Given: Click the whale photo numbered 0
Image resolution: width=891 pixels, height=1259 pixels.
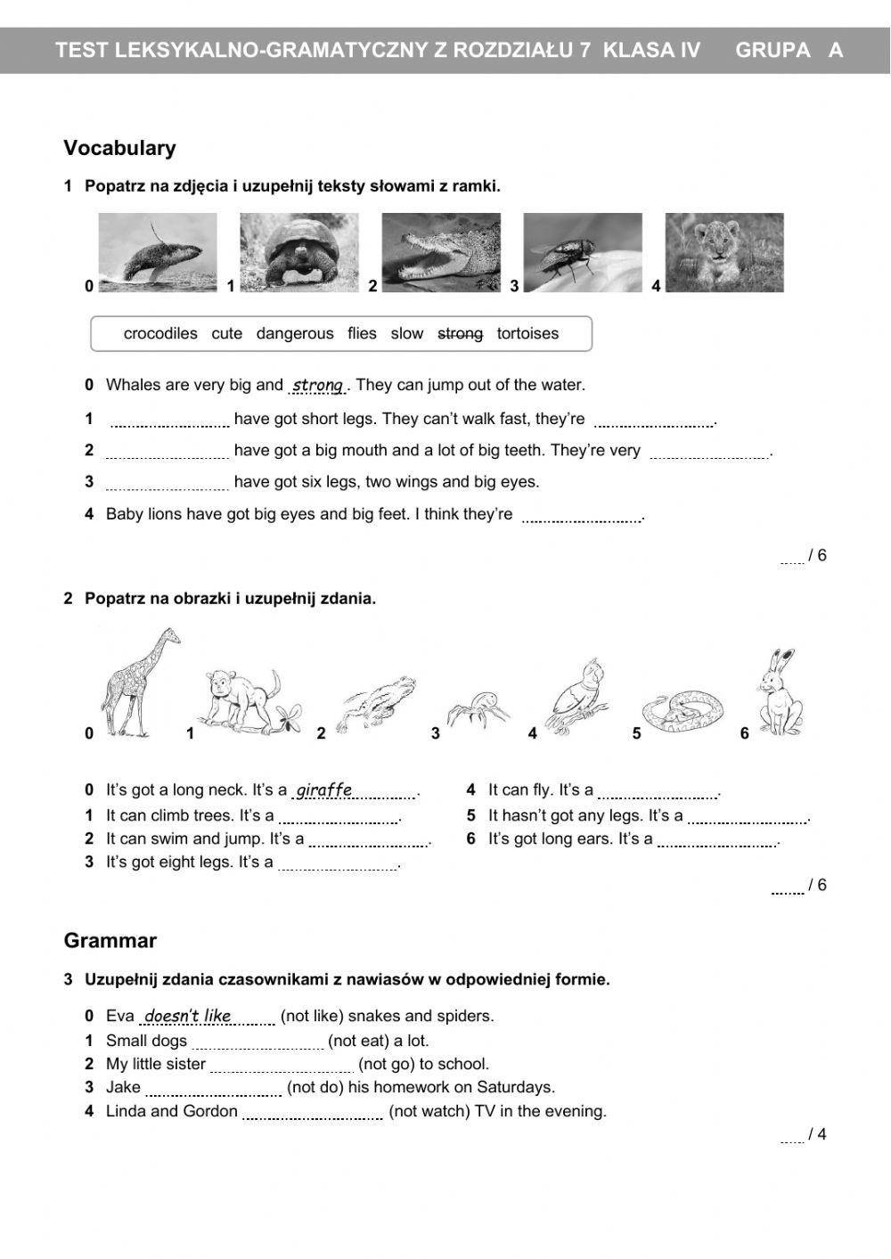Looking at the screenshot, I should [x=157, y=252].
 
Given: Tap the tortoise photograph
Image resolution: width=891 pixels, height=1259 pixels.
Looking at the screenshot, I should [x=298, y=252].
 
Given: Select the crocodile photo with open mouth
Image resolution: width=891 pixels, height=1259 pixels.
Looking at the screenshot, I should [x=441, y=252].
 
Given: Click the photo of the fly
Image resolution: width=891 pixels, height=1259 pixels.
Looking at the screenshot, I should [x=582, y=252].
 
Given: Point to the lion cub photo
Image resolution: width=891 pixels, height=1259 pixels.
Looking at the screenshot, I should [x=724, y=252].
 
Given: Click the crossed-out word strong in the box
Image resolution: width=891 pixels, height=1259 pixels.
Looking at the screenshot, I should [x=460, y=333].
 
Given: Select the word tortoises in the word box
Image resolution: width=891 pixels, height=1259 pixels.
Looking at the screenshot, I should [x=527, y=333].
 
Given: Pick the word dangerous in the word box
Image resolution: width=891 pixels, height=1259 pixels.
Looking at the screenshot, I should [x=295, y=333].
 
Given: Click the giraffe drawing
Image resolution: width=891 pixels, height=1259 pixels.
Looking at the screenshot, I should [x=141, y=682].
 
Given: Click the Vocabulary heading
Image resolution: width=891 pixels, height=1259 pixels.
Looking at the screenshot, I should [x=119, y=148].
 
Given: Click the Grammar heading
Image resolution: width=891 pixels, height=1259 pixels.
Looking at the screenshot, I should [x=110, y=941].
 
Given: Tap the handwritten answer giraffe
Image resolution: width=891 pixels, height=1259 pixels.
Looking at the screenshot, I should [x=324, y=790].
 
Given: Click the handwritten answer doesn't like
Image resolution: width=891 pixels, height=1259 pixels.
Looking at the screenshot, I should [x=188, y=1016].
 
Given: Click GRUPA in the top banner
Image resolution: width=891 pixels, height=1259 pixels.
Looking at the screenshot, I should [x=772, y=50].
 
